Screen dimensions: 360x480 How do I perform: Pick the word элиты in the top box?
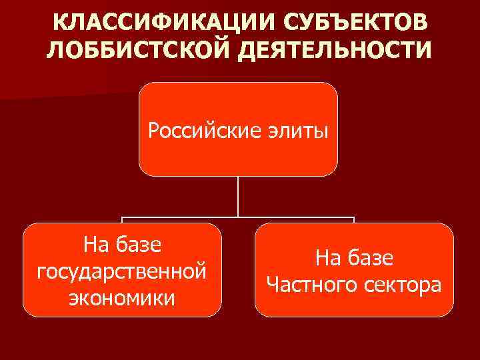(x=297, y=129)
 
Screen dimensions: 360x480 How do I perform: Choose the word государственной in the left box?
(x=122, y=271)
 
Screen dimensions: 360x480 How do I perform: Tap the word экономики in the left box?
(x=122, y=297)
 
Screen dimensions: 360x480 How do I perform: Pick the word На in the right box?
(x=327, y=258)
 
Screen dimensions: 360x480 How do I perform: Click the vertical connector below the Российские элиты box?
(x=238, y=197)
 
